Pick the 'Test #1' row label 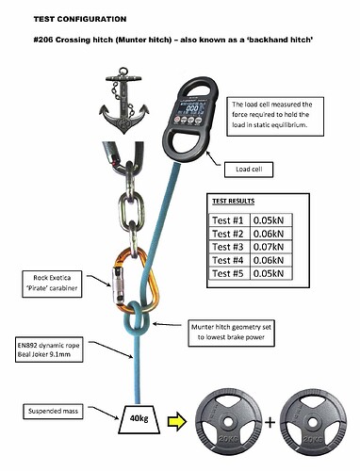click(226, 219)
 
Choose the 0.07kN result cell click(268, 248)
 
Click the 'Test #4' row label click(226, 261)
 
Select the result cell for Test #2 click(268, 234)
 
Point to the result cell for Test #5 click(268, 274)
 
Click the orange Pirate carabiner click(137, 282)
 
